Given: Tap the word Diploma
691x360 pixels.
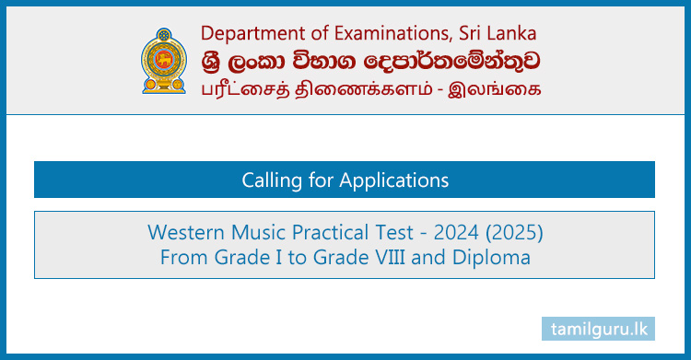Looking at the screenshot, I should [x=496, y=257].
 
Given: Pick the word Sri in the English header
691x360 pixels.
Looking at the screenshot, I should [x=473, y=33].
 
